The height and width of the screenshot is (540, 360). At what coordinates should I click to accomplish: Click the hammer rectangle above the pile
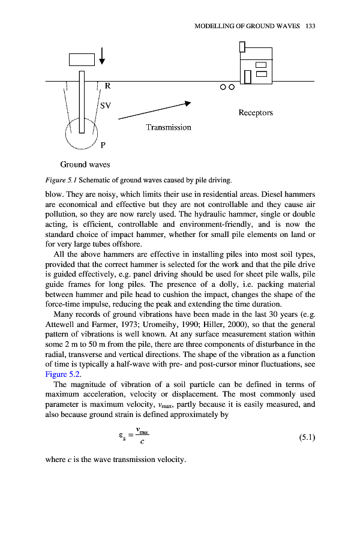pos(82,59)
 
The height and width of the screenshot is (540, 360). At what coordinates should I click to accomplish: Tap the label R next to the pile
pos(108,86)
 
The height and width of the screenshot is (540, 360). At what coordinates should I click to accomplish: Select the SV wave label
pos(106,106)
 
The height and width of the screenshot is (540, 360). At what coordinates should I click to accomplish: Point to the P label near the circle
pos(104,145)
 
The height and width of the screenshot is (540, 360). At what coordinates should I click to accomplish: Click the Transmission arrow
pos(154,111)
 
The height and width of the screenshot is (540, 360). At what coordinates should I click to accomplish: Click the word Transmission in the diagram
pos(169,127)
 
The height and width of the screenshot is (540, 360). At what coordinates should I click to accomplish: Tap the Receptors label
pos(256,112)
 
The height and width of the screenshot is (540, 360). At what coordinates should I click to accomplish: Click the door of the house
pos(247,76)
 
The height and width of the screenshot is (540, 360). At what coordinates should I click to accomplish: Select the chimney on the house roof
pos(242,46)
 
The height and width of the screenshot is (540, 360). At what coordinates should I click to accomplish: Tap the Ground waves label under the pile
pos(85,164)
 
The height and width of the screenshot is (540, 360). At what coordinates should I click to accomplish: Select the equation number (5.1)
pos(307,438)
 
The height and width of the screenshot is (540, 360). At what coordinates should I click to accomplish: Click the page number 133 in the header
pos(310,26)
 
